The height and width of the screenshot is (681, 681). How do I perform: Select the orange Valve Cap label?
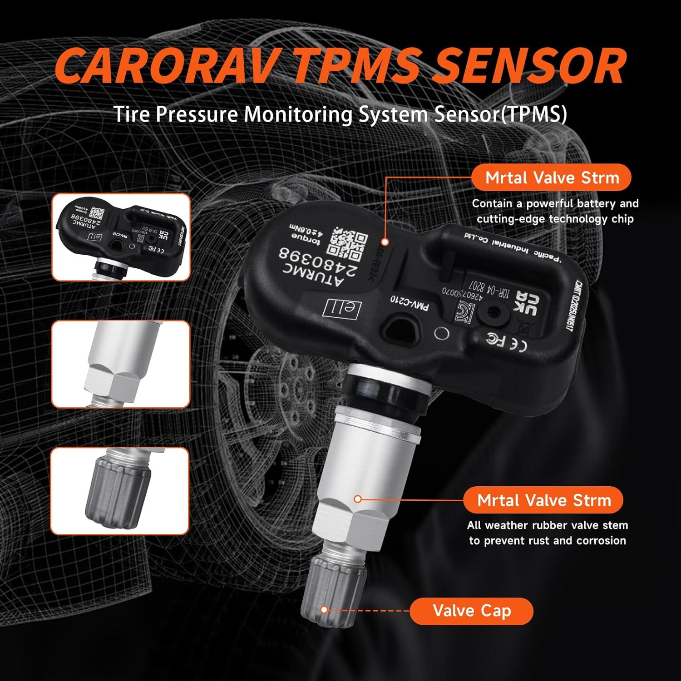pos(471,611)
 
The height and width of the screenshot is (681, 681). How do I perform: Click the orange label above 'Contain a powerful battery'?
pos(552,178)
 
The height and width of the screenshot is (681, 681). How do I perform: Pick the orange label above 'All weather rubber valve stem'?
pos(543,500)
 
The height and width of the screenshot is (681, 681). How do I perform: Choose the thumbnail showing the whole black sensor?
pos(121,237)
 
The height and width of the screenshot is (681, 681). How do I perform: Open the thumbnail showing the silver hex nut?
pos(121,364)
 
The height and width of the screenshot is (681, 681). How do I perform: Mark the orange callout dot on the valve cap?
pos(324,610)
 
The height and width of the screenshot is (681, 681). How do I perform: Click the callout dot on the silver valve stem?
pos(357,499)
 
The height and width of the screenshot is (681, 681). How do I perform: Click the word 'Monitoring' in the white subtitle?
pos(298,114)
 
